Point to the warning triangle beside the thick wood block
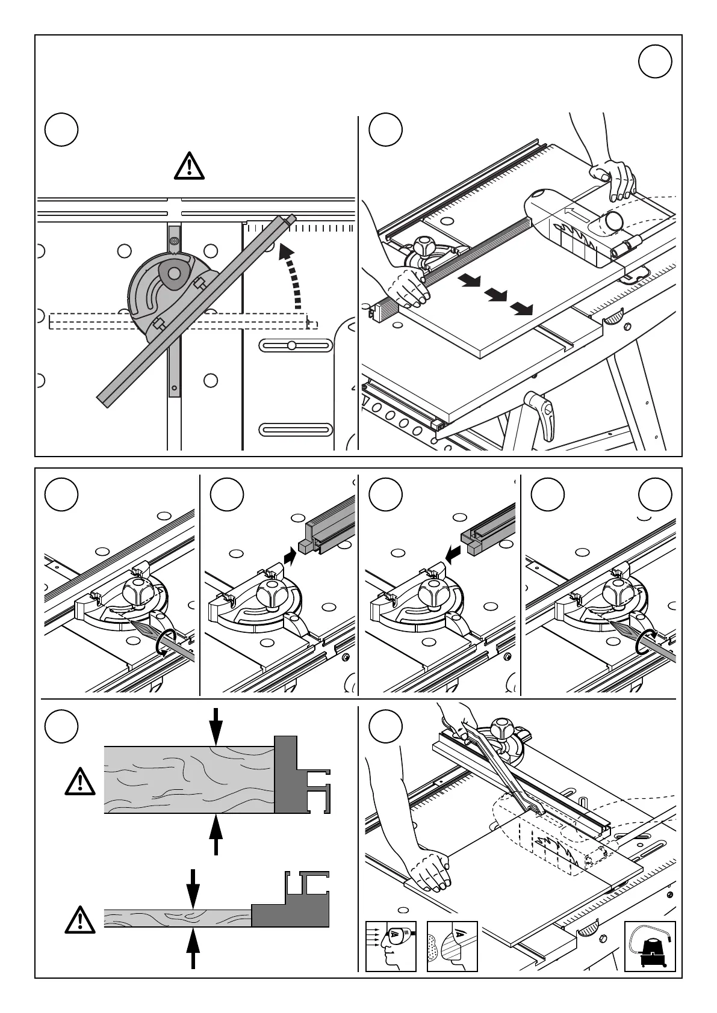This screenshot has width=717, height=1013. (80, 781)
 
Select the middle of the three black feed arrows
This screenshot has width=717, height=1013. (496, 295)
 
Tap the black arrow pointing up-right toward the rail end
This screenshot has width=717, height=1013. (291, 554)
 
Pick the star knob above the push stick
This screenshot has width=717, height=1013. (503, 730)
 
